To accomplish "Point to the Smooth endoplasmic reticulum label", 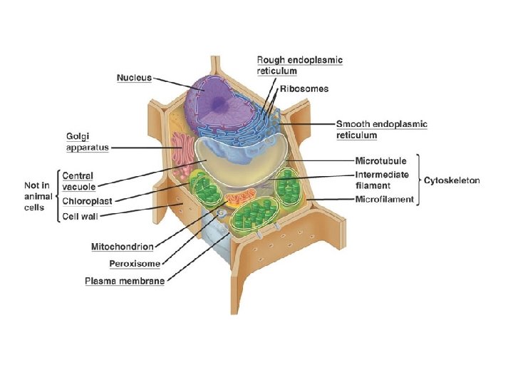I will [381, 128].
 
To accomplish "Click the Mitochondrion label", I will [122, 247].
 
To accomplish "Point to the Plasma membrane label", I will [125, 281].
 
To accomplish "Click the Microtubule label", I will [380, 161].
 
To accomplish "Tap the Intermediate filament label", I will [382, 180].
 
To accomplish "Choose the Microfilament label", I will [384, 199].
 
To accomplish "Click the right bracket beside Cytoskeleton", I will [418, 180].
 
